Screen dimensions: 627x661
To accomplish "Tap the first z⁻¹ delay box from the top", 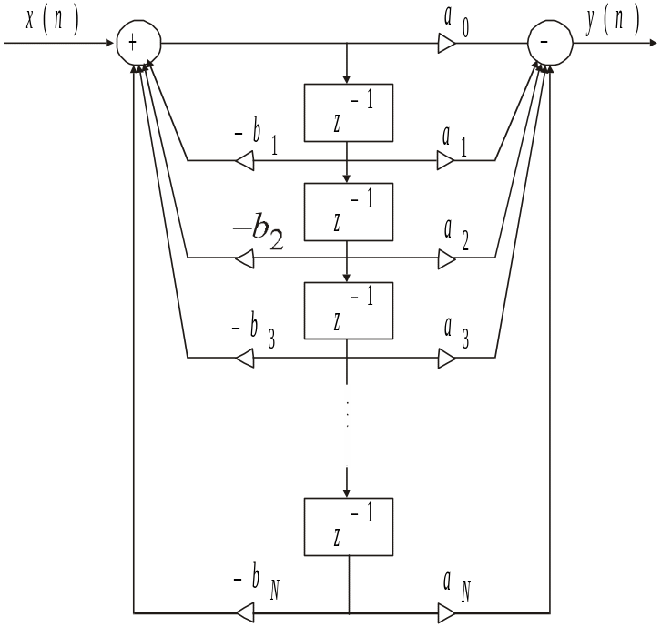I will tap(350, 113).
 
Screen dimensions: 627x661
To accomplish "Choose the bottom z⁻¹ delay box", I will tap(350, 526).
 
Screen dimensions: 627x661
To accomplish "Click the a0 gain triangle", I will tap(446, 43).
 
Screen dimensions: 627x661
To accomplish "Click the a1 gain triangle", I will tap(446, 161).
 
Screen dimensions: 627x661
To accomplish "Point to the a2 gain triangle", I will tap(446, 259).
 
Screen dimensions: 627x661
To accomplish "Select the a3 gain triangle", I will tap(446, 359).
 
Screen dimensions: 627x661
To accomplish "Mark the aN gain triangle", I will tap(446, 611).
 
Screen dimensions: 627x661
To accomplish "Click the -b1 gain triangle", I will tap(244, 161).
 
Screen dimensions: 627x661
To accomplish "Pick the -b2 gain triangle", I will tap(244, 259).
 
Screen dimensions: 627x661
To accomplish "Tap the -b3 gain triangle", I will tap(244, 359).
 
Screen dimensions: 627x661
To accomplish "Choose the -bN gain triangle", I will tap(244, 611).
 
